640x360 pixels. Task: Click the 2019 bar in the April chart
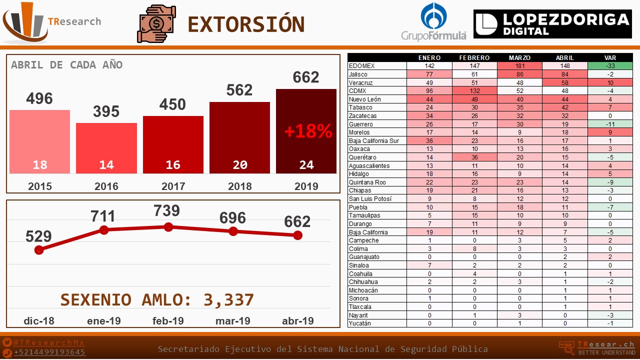pyautogui.click(x=306, y=131)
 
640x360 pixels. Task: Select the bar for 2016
pyautogui.click(x=106, y=148)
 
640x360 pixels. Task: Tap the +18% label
pyautogui.click(x=308, y=131)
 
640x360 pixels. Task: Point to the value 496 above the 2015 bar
pyautogui.click(x=39, y=98)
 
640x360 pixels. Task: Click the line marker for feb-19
pyautogui.click(x=168, y=227)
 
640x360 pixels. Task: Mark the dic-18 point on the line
pyautogui.click(x=39, y=250)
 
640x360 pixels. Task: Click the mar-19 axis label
pyautogui.click(x=233, y=320)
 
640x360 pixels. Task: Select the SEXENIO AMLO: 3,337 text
pyautogui.click(x=157, y=299)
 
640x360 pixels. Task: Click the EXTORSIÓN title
pyautogui.click(x=246, y=24)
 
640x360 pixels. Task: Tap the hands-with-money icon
pyautogui.click(x=156, y=23)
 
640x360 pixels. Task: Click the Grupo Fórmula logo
pyautogui.click(x=433, y=22)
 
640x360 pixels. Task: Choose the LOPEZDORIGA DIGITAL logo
pyautogui.click(x=552, y=24)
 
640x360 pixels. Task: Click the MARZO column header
pyautogui.click(x=519, y=57)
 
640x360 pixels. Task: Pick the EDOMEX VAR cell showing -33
pyautogui.click(x=610, y=66)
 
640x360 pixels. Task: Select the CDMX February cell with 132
pyautogui.click(x=474, y=91)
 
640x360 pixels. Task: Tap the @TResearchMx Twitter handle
pyautogui.click(x=49, y=343)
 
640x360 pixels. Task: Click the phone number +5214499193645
pyautogui.click(x=49, y=352)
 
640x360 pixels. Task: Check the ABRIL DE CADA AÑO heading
pyautogui.click(x=66, y=65)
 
